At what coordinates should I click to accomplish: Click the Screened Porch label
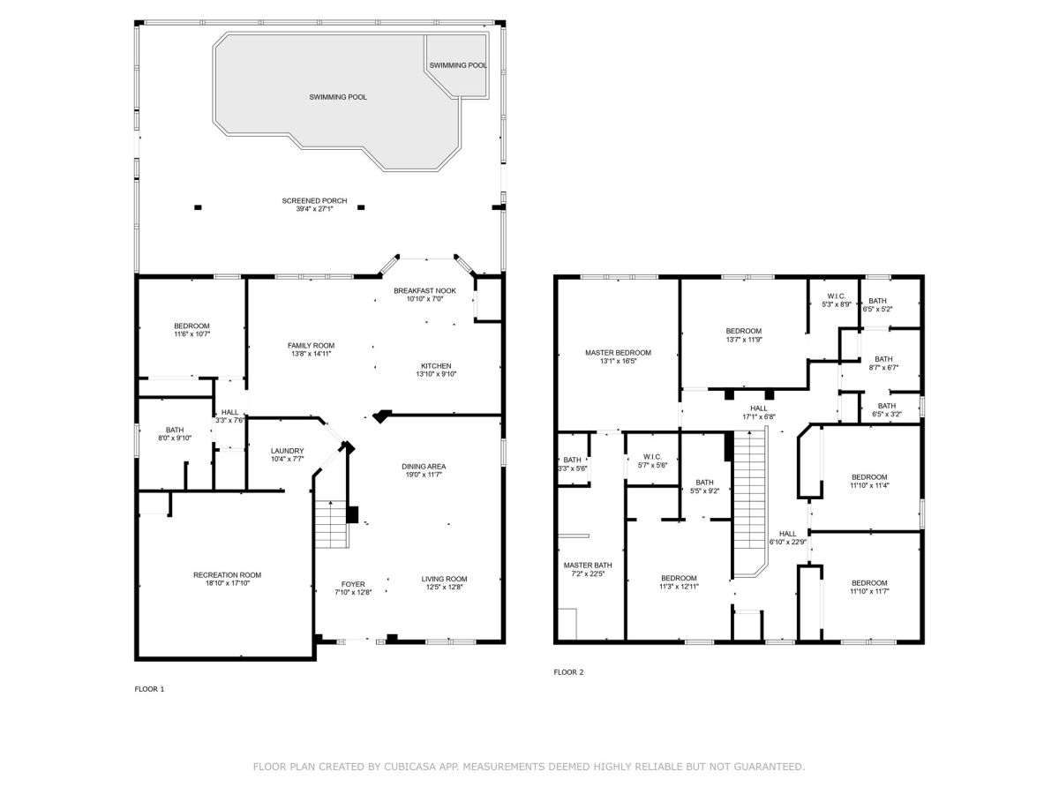[x=314, y=200]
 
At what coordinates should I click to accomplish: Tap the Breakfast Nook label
[x=424, y=291]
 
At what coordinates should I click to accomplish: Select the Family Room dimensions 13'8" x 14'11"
[x=311, y=354]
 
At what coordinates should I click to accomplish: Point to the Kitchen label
[x=436, y=366]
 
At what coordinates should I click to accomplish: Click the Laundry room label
[x=287, y=451]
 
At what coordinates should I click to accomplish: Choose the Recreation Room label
[x=227, y=574]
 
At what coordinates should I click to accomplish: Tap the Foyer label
[x=353, y=584]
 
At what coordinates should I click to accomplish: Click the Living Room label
[x=445, y=579]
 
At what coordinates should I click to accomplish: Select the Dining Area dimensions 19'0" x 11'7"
[x=424, y=475]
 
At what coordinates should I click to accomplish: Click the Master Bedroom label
[x=618, y=352]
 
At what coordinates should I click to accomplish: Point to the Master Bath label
[x=588, y=565]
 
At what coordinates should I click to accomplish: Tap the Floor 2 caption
[x=568, y=672]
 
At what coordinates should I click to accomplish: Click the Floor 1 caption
[x=149, y=689]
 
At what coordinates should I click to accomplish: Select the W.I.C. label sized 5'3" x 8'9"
[x=836, y=296]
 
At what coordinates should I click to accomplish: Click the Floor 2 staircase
[x=749, y=501]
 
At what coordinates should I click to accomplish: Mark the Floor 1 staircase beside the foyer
[x=331, y=524]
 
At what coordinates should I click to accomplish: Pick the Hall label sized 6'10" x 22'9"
[x=787, y=534]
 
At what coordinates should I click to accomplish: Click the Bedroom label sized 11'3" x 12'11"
[x=679, y=578]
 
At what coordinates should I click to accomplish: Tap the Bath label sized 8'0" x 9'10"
[x=175, y=430]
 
